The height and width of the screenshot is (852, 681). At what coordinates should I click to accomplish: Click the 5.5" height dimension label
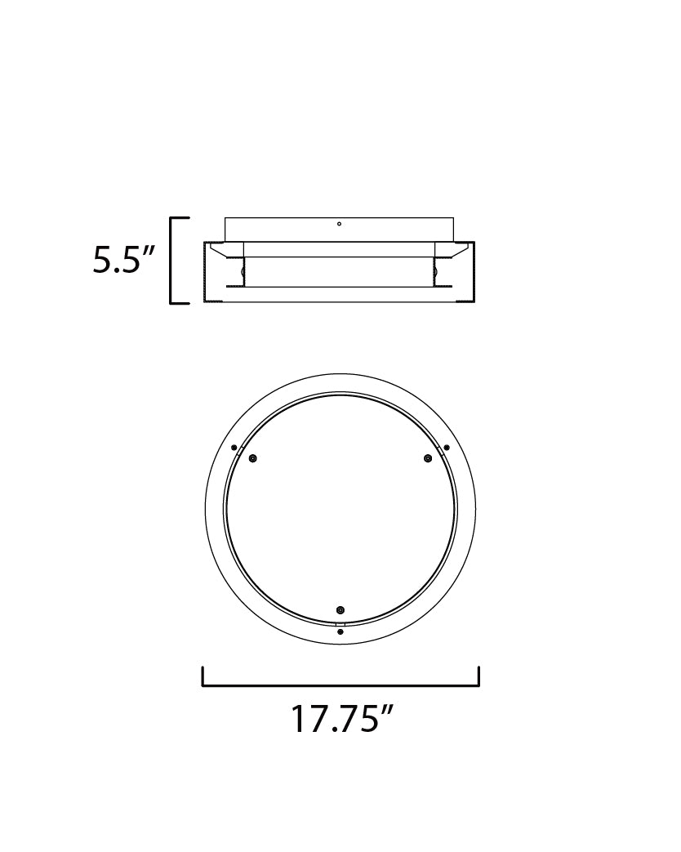tap(124, 260)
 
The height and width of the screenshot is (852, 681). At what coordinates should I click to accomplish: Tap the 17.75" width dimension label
tap(341, 718)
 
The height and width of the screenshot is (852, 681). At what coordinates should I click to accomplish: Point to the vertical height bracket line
tap(171, 261)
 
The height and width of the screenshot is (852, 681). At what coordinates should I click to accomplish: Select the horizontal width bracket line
tap(340, 685)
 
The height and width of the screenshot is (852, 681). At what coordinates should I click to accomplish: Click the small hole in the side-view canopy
tap(339, 223)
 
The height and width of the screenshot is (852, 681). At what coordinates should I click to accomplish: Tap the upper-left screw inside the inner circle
tap(252, 458)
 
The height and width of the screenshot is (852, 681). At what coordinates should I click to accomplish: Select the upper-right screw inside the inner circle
tap(428, 458)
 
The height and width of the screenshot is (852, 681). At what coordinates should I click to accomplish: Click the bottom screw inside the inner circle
tap(340, 609)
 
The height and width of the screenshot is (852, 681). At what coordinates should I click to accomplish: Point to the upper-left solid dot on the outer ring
tap(234, 448)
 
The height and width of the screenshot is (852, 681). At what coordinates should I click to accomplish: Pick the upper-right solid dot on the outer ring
tap(447, 448)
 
